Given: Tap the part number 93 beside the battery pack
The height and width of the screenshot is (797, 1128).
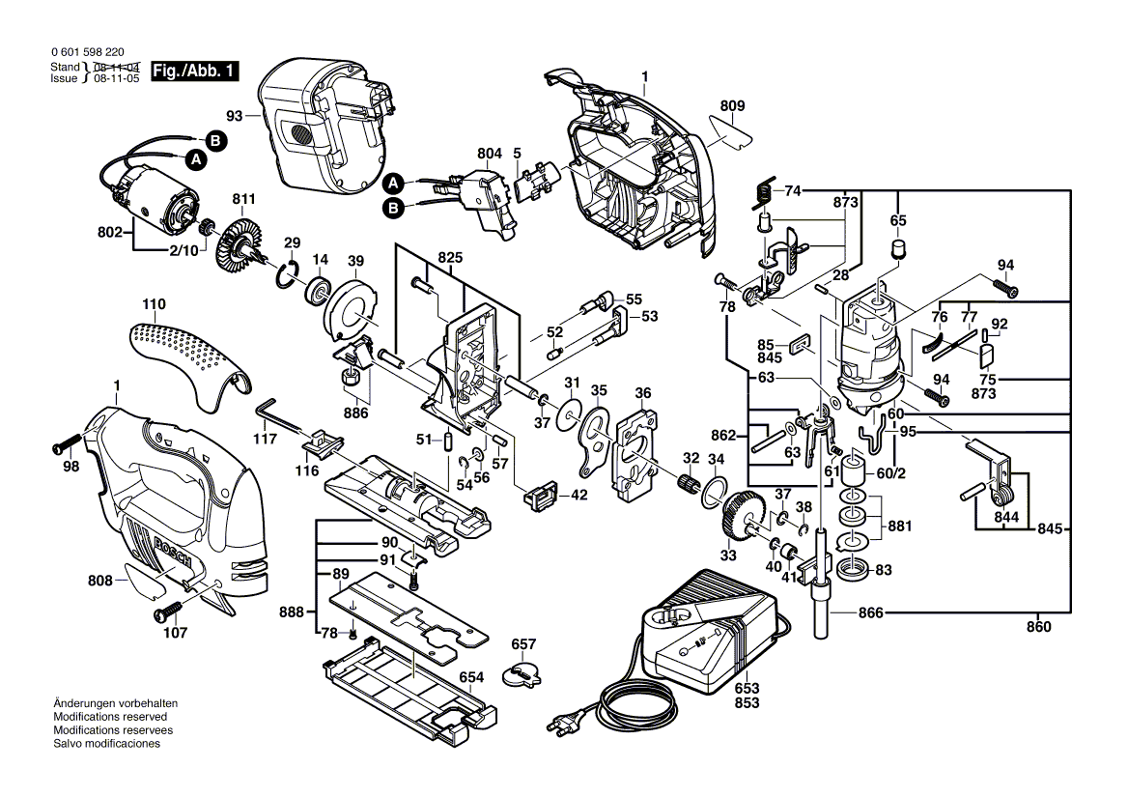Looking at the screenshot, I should tap(235, 115).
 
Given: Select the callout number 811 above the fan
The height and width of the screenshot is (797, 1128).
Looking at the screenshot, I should tap(243, 199).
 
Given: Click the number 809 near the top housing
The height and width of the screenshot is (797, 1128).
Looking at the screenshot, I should tap(732, 105).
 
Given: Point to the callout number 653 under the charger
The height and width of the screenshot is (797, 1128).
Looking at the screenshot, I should tap(747, 687).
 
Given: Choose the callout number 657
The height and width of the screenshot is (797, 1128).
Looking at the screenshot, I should tap(523, 644).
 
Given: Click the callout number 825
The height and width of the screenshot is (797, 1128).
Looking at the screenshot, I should tap(450, 258).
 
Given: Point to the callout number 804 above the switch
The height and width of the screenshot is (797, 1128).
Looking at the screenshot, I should tap(490, 153).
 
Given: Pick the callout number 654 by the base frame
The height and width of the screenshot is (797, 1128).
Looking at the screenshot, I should tap(471, 677).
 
